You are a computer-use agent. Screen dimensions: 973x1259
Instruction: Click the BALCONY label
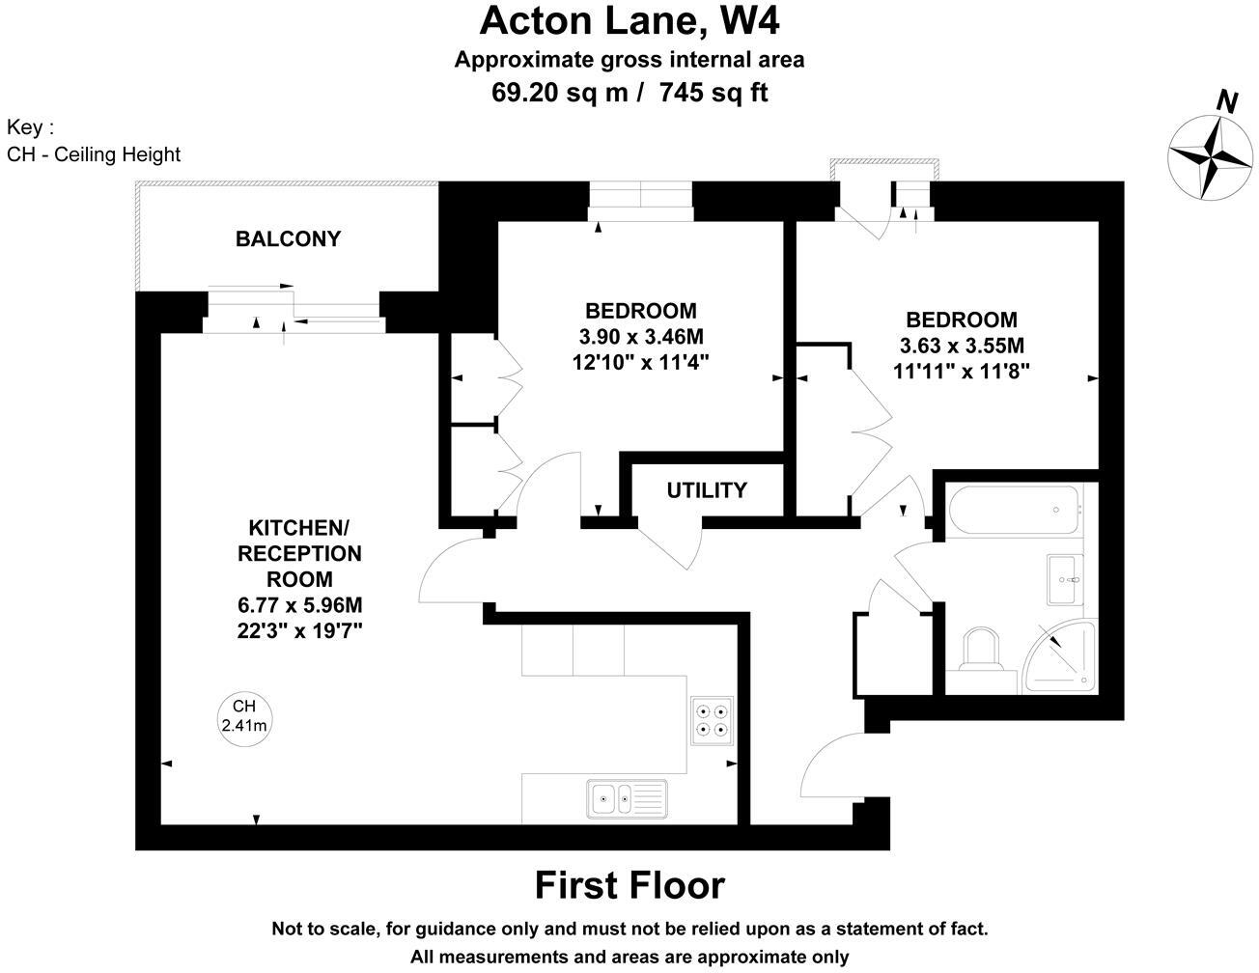(x=288, y=238)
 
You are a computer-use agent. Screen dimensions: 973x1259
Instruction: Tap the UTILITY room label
(x=707, y=490)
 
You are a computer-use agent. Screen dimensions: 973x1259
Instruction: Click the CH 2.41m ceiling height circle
(x=243, y=716)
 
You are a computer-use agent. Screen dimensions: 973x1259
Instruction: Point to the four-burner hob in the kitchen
(x=713, y=720)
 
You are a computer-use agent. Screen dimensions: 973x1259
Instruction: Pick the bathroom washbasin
(x=1066, y=579)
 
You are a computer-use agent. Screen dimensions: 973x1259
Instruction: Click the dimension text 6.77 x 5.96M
(x=299, y=605)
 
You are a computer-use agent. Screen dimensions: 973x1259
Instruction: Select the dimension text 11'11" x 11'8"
(x=961, y=371)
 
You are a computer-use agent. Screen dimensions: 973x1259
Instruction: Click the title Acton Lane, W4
(x=629, y=21)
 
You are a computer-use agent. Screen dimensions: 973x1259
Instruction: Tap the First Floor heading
(x=629, y=885)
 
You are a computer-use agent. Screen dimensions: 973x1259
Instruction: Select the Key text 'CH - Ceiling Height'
(x=94, y=154)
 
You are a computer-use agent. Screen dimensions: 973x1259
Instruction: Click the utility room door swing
(x=672, y=546)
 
